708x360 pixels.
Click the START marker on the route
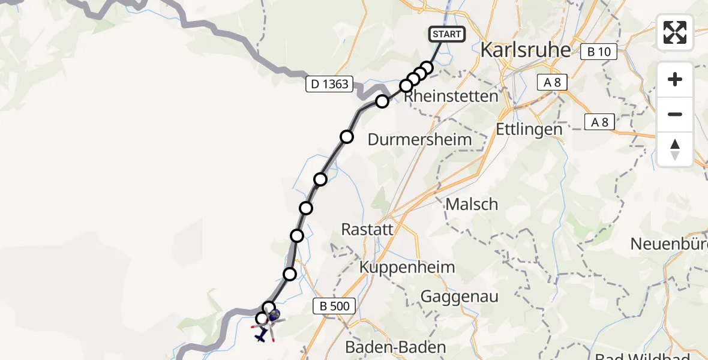click(x=447, y=34)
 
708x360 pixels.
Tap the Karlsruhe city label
click(x=525, y=50)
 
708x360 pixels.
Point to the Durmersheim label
click(x=419, y=140)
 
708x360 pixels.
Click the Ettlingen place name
click(x=529, y=129)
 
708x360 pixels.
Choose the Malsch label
click(x=472, y=204)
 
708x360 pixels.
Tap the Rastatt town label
click(x=367, y=229)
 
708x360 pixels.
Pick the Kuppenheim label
click(x=407, y=267)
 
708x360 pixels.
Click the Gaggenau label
click(x=460, y=296)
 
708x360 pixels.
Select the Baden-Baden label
click(x=395, y=347)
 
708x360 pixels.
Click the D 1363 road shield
click(x=329, y=84)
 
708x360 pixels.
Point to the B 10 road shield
click(x=599, y=52)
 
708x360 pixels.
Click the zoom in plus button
click(x=675, y=79)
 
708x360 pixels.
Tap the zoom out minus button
click(x=675, y=114)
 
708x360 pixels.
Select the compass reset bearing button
click(x=675, y=149)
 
